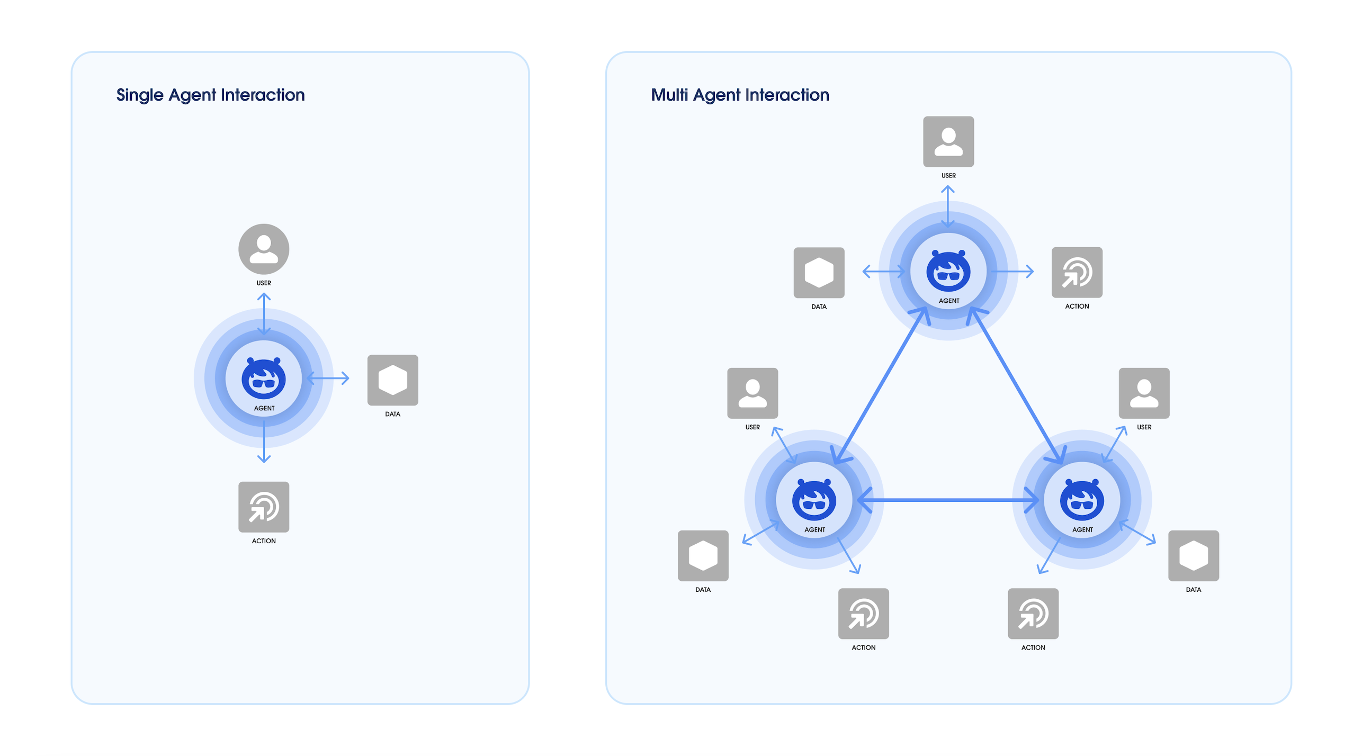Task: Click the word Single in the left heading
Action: (140, 95)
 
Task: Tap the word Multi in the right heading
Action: (669, 95)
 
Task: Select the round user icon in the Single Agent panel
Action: (264, 249)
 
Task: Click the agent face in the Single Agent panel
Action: (264, 379)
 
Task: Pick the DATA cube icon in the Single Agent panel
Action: (393, 380)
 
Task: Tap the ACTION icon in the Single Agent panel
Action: (264, 507)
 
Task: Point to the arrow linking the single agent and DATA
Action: (328, 378)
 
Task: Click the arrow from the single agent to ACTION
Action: (264, 442)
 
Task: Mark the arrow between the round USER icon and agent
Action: (264, 314)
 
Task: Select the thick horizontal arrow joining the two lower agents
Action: (948, 500)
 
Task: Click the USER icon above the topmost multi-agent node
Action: (948, 142)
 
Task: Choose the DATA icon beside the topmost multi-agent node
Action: (819, 273)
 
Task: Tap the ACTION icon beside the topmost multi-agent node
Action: (1077, 272)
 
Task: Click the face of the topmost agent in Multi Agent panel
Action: (948, 271)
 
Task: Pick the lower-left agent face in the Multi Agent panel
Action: (814, 500)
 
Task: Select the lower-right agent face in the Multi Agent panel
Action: (1082, 500)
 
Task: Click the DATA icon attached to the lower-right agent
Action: (1194, 556)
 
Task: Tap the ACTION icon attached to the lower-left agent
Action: (864, 614)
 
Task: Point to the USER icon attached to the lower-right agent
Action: (1144, 393)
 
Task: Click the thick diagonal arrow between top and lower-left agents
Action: (881, 385)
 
